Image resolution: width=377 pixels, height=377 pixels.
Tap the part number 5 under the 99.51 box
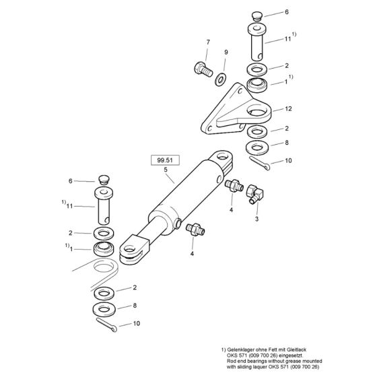coord(165,171)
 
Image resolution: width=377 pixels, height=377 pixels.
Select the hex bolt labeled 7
coord(202,68)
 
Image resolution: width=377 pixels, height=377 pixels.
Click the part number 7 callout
coord(207,43)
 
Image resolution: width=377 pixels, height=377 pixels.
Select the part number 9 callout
coord(226,52)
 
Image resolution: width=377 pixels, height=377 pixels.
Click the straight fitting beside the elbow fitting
coord(236,184)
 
